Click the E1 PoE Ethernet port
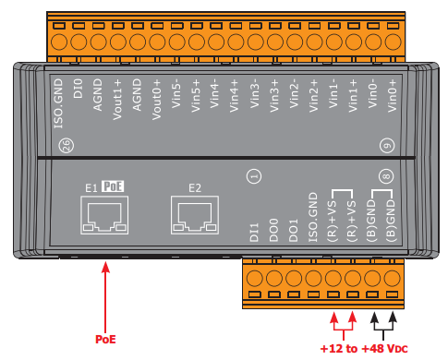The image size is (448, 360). point(104,215)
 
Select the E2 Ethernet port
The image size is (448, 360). point(195,215)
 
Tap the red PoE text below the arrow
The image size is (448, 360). point(105,339)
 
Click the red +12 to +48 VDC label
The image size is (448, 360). point(364,349)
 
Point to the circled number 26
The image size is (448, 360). point(67,145)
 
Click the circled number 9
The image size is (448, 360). point(387,146)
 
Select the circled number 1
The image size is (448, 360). point(254,176)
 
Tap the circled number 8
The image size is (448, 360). point(386,176)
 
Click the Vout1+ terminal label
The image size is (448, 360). point(117,100)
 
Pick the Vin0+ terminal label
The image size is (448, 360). point(393,95)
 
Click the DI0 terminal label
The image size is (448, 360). point(78,89)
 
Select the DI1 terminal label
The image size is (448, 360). point(254,233)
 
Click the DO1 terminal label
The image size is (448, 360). point(293,230)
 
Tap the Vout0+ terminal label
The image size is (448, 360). point(156,100)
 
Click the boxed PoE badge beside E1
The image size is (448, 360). point(113,186)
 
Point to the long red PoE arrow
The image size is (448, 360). point(105,297)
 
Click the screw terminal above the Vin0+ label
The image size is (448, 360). point(393,42)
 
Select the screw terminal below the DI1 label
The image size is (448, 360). point(255,278)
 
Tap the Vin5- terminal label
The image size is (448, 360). point(176,93)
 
